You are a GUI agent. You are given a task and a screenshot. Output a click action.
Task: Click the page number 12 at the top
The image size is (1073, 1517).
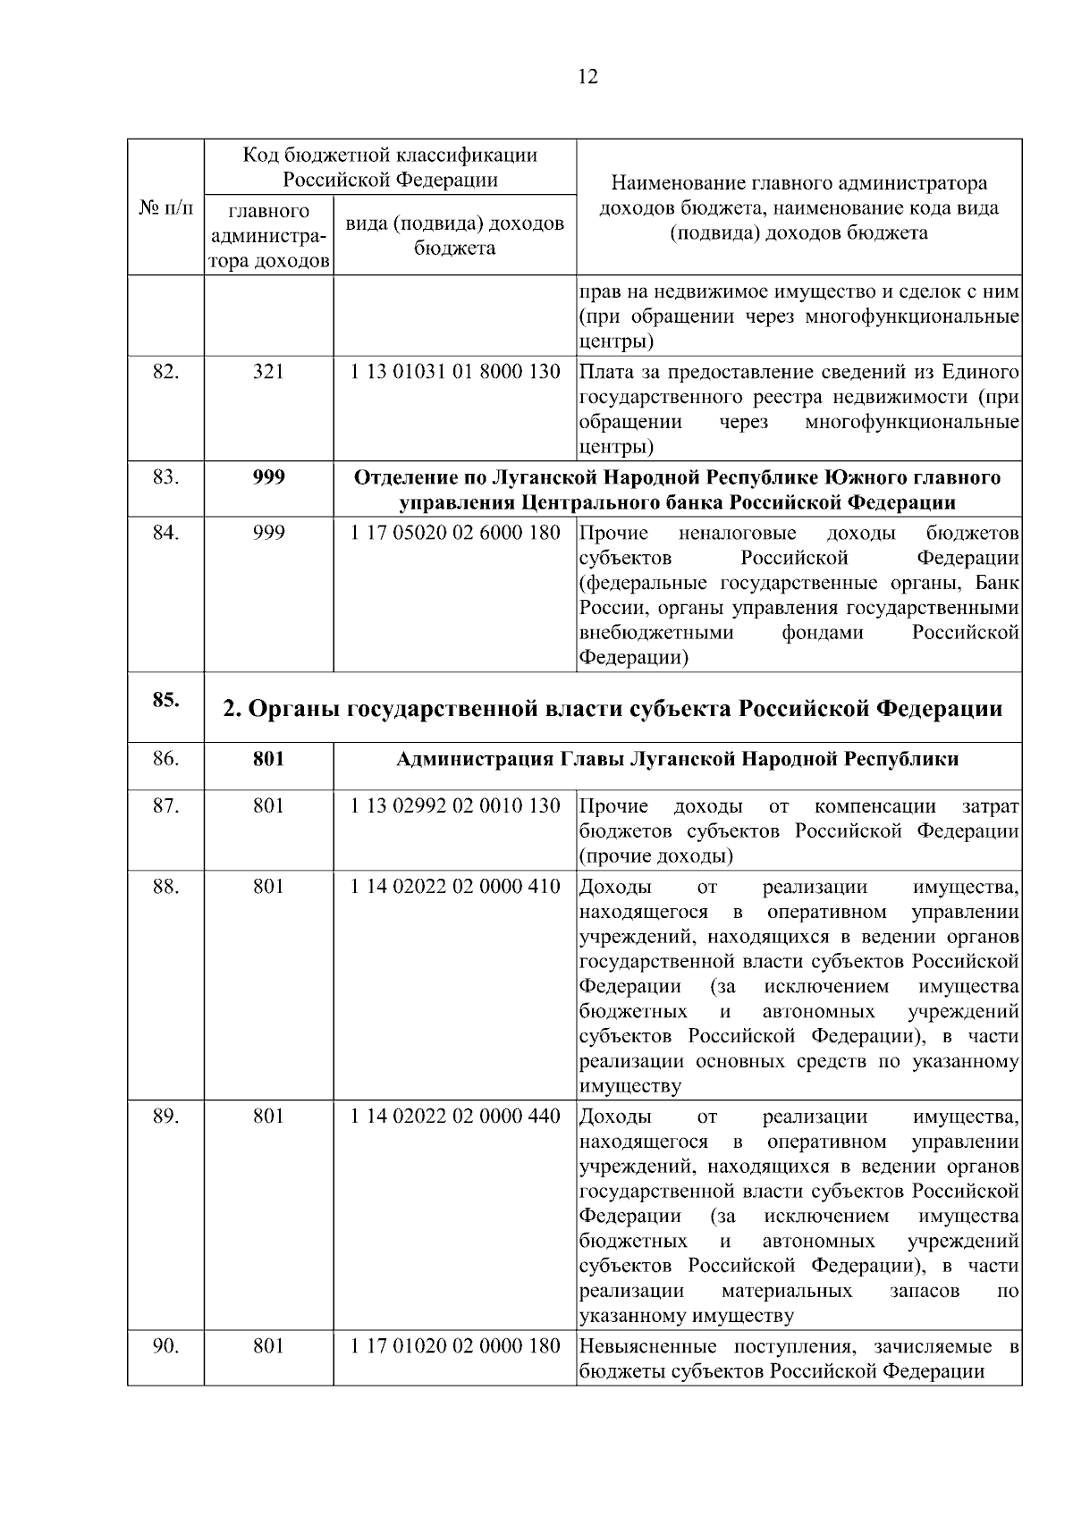pyautogui.click(x=587, y=76)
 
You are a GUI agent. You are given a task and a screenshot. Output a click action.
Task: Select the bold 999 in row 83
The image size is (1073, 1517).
pyautogui.click(x=268, y=477)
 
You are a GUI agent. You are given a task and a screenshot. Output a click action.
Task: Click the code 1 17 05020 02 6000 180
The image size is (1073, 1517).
pyautogui.click(x=455, y=534)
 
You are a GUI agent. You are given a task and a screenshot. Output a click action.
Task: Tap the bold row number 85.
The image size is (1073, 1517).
pyautogui.click(x=165, y=700)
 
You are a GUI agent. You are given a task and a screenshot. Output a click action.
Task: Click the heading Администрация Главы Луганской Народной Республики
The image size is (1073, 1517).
pyautogui.click(x=677, y=760)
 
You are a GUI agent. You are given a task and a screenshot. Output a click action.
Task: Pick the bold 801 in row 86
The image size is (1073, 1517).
pyautogui.click(x=268, y=760)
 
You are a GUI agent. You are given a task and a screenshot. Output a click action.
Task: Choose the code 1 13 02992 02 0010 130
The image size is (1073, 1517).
pyautogui.click(x=455, y=806)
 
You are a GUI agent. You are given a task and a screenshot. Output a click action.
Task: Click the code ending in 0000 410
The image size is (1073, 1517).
pyautogui.click(x=455, y=887)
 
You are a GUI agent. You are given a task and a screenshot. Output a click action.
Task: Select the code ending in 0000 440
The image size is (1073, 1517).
pyautogui.click(x=455, y=1117)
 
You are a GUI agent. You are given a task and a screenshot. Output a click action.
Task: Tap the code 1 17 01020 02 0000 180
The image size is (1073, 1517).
pyautogui.click(x=455, y=1346)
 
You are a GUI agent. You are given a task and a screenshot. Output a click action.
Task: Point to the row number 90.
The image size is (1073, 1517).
pyautogui.click(x=165, y=1346)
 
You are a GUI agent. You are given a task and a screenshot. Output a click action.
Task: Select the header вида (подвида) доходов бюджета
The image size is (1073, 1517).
pyautogui.click(x=455, y=235)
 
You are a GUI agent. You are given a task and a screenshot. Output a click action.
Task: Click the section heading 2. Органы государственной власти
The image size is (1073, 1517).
pyautogui.click(x=612, y=709)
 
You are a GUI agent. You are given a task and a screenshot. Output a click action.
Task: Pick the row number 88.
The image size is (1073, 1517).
pyautogui.click(x=165, y=887)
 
